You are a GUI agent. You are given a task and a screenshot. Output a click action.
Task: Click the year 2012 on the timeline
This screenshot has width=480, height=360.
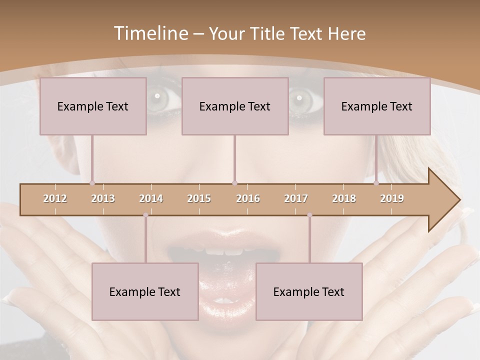55,198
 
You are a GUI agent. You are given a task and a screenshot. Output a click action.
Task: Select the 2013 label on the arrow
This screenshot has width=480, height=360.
103,198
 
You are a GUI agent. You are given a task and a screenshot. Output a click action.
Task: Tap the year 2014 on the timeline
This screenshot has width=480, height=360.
151,198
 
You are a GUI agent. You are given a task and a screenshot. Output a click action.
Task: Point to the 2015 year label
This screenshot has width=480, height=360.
199,198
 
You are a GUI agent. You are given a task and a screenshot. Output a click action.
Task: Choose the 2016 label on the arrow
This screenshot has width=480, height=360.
248,198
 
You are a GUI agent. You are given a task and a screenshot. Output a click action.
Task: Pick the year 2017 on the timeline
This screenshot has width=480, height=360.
296,198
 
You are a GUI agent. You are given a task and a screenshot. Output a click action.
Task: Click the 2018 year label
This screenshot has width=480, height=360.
344,198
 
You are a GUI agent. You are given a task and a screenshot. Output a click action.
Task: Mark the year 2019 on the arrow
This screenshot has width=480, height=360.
392,198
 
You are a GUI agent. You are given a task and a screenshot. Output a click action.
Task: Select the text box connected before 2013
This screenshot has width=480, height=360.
93,106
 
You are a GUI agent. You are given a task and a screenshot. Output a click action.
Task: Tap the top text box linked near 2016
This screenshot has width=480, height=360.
235,106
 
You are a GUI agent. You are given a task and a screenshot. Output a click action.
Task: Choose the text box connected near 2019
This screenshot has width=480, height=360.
377,106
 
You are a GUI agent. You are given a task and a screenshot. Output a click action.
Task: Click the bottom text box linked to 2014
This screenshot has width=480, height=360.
145,291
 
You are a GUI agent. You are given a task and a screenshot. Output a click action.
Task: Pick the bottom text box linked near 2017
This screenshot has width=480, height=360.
309,291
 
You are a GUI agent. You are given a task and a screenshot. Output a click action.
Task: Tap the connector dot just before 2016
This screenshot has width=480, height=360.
235,183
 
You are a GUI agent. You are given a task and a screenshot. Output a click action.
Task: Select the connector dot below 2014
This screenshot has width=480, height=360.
145,215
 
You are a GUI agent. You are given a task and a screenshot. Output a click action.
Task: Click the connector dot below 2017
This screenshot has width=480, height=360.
309,215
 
